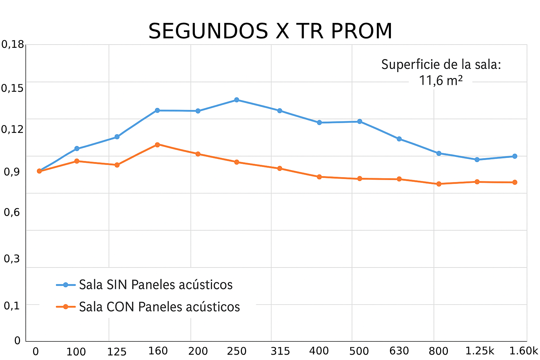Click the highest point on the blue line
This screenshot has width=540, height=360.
(237, 100)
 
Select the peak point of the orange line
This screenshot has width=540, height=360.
(157, 144)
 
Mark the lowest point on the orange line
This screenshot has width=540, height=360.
(439, 184)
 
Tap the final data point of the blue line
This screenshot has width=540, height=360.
(515, 156)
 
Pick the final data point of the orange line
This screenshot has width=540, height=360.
(515, 182)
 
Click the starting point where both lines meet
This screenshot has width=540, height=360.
(39, 171)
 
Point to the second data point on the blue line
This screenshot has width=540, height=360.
(77, 149)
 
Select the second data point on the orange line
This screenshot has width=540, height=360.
(77, 161)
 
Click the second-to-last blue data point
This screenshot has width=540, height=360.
(477, 160)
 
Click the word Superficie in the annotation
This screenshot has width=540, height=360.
(410, 65)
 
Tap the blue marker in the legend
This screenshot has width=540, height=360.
(65, 285)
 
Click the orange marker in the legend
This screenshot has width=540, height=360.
(65, 307)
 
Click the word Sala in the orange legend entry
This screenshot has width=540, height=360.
(91, 307)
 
